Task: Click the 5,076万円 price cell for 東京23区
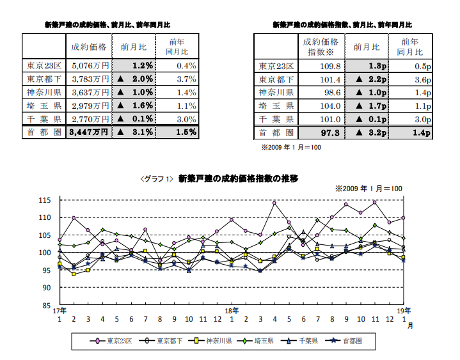point(88,65)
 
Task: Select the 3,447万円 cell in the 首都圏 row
point(88,132)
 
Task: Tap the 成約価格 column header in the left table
point(88,47)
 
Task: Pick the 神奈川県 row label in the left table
point(44,92)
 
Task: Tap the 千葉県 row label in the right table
point(277,119)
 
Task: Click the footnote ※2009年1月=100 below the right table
point(291,147)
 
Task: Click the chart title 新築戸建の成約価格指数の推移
point(239,178)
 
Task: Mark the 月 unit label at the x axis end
point(409,325)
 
